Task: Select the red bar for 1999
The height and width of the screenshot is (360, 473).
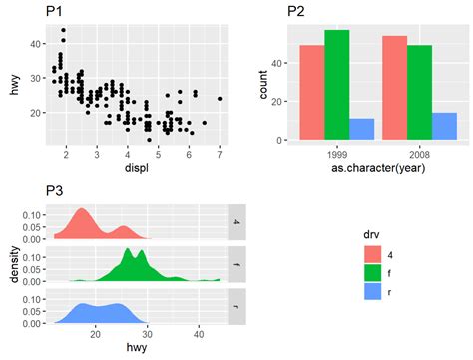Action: (312, 92)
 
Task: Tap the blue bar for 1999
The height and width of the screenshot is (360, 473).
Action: (362, 129)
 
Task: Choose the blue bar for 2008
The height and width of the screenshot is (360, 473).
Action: (446, 126)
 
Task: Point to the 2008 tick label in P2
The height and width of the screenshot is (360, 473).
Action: (420, 155)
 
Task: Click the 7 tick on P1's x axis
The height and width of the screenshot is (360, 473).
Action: (219, 154)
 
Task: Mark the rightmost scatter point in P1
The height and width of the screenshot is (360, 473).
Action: (219, 99)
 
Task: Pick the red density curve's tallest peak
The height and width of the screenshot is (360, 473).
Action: (81, 211)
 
